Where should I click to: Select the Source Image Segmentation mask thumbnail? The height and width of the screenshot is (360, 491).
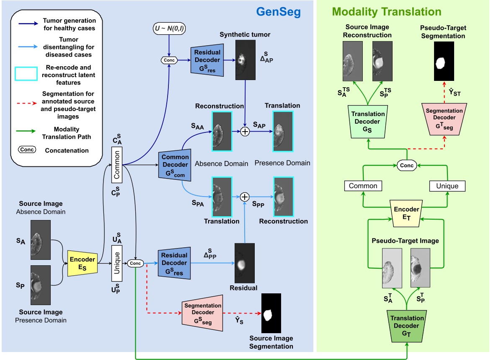(271, 313)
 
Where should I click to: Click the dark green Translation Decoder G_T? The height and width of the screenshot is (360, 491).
(407, 326)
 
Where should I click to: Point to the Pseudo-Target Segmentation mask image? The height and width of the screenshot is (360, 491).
(444, 61)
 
